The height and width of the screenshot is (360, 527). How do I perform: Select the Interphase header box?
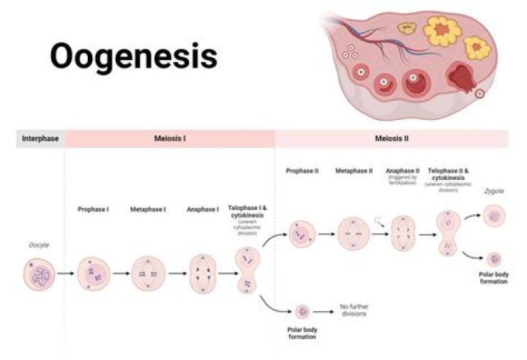click(x=40, y=138)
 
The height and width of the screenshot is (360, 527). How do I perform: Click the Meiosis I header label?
click(x=169, y=138)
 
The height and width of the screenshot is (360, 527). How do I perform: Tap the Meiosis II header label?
click(x=392, y=138)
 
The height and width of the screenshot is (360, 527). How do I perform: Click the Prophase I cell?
click(x=94, y=274)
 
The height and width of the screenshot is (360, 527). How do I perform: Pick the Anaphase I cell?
click(x=203, y=274)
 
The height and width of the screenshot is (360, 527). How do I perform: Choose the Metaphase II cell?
click(x=354, y=233)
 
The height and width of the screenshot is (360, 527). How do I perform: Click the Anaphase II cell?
click(x=403, y=233)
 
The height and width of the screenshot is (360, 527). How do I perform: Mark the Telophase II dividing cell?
click(x=448, y=233)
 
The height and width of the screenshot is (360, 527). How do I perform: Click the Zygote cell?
click(x=494, y=216)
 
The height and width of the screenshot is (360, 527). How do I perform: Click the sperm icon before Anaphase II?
click(x=379, y=217)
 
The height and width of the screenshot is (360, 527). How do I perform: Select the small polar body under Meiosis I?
click(x=301, y=312)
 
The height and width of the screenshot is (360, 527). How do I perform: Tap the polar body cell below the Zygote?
click(x=495, y=259)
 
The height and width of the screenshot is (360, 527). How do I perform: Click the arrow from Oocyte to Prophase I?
click(x=65, y=274)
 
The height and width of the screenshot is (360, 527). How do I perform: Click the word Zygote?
click(x=493, y=191)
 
